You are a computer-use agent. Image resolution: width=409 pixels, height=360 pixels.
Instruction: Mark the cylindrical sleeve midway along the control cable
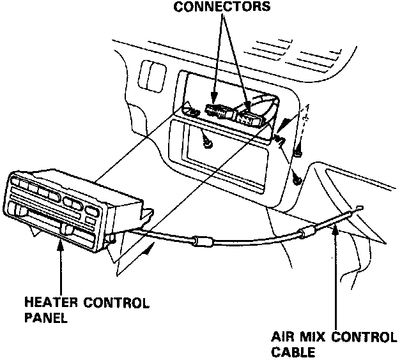(x=203, y=242)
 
